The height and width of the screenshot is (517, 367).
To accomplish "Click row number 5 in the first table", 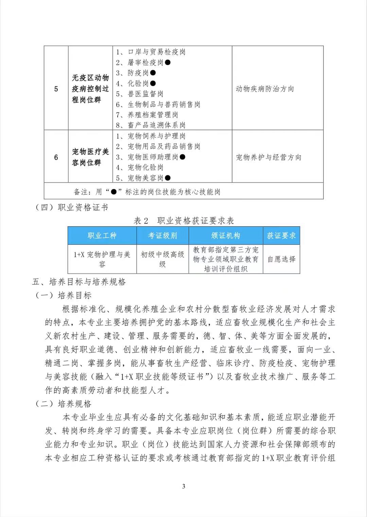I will click(x=56, y=89).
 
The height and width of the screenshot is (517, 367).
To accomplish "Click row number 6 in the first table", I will click(x=56, y=157).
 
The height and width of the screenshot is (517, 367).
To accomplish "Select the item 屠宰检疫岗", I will click(x=145, y=63).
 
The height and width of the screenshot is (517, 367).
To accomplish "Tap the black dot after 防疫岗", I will click(x=153, y=73).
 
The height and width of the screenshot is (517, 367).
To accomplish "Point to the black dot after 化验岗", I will click(x=153, y=83).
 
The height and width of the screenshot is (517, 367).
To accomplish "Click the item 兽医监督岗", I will click(x=145, y=94).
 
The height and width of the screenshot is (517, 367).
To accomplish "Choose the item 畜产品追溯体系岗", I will click(x=156, y=125).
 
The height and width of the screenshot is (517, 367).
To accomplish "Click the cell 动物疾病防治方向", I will click(x=265, y=89).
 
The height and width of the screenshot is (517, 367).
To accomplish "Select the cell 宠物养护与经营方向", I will click(x=268, y=157).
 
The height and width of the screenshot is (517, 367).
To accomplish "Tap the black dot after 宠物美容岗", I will click(x=168, y=178).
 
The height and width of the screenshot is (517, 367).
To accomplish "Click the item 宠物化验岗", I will click(x=145, y=167).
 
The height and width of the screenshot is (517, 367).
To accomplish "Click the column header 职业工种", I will click(x=102, y=235).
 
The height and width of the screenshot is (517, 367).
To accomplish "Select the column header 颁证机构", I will click(x=226, y=235).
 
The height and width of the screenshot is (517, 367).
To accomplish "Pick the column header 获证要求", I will click(x=281, y=235).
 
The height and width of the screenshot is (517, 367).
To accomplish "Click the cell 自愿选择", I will click(x=281, y=259).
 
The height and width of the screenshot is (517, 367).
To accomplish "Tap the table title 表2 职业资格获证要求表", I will click(x=184, y=221).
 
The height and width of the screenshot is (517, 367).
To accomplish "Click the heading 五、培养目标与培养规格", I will click(x=79, y=282).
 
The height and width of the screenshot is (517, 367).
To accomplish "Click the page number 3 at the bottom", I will click(x=184, y=486).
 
